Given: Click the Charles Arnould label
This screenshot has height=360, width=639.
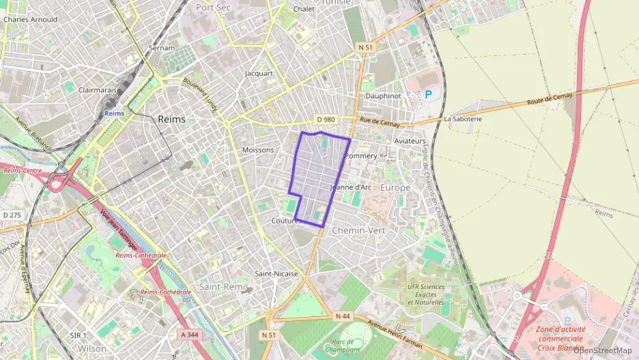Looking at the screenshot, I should [30, 20].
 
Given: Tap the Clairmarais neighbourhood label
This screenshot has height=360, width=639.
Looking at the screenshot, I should [98, 89].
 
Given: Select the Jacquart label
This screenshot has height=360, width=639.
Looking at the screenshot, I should [259, 73].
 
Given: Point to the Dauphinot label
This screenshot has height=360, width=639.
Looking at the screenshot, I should [383, 96].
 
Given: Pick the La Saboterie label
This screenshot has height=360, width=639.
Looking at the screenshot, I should [463, 118].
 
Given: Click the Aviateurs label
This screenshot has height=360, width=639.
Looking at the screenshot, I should [410, 141].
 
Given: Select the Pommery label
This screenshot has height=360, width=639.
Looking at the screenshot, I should [363, 156].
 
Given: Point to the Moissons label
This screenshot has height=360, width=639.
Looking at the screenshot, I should [258, 150].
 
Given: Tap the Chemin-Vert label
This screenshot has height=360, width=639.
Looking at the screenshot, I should [358, 230].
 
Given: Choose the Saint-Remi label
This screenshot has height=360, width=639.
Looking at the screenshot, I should [218, 286].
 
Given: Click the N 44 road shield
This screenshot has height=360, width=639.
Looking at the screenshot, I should [343, 316].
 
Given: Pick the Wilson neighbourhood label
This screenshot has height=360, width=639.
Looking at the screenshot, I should [92, 348].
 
